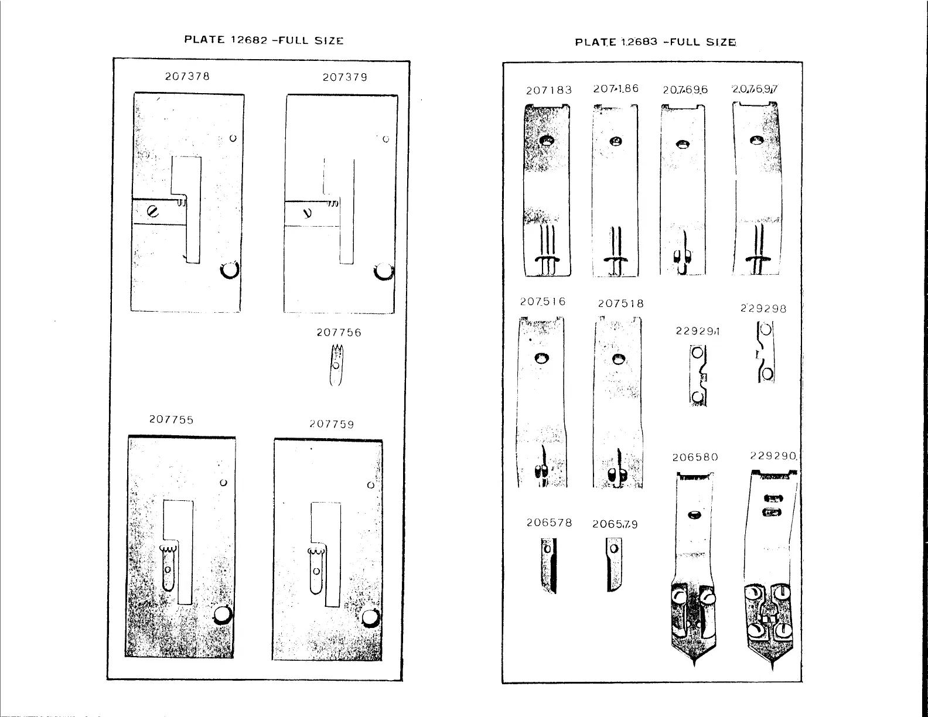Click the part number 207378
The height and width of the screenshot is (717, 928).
coord(187,76)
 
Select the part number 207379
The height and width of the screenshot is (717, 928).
coord(345,77)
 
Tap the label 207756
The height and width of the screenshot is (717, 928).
coord(339,333)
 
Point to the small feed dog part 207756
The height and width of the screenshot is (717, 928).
coord(336,366)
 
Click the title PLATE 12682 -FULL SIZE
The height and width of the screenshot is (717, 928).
coord(264,40)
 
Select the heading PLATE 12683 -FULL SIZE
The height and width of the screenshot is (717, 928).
coord(656,42)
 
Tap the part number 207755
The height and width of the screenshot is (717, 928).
coord(171,420)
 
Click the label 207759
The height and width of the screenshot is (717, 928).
coord(332,424)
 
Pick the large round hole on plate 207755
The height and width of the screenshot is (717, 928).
coord(223,614)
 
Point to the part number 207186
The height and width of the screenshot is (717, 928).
coord(615,89)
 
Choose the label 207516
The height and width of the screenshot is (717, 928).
coord(543,302)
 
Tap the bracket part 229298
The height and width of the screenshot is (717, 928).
coord(766,351)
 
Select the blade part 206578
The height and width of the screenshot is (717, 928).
coord(549,565)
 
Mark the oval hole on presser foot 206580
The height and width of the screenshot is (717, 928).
coord(695,515)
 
